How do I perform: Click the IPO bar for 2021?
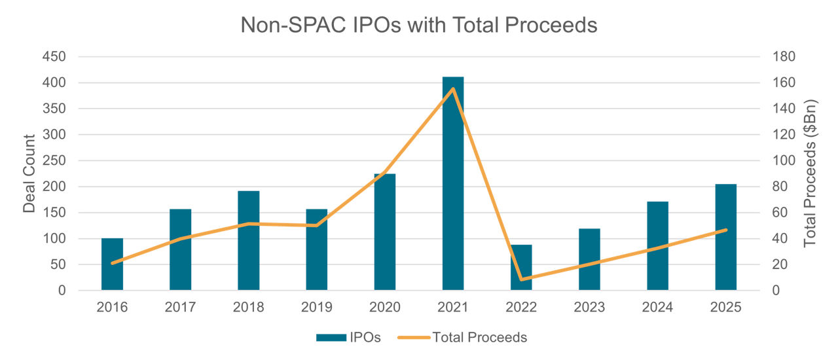click(x=453, y=183)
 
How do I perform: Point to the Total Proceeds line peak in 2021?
click(x=453, y=89)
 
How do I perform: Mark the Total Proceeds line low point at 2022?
click(x=521, y=279)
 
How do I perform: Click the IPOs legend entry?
click(x=348, y=337)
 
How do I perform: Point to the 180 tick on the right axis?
click(x=783, y=57)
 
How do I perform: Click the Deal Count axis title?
click(x=29, y=173)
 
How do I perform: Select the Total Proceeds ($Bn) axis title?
click(x=811, y=173)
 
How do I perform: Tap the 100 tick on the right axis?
click(x=783, y=160)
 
